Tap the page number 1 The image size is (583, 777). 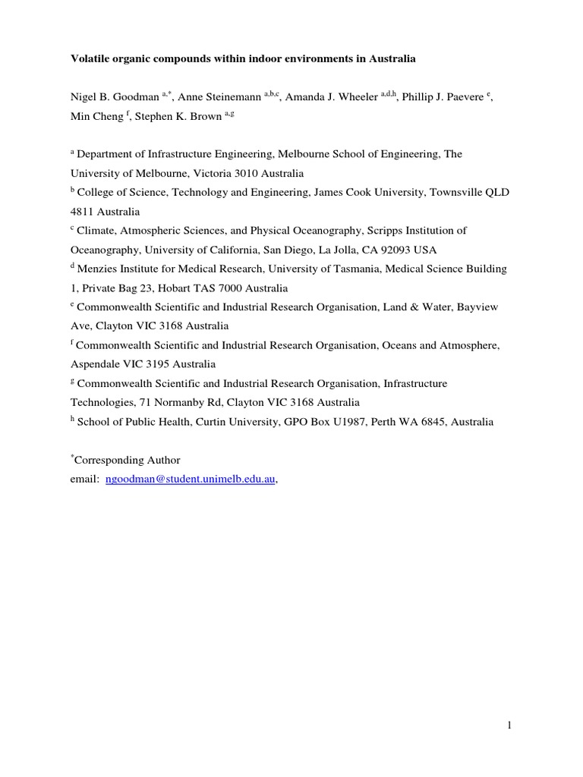[510, 725]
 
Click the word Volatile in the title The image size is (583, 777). [92, 58]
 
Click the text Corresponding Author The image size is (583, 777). [129, 461]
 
